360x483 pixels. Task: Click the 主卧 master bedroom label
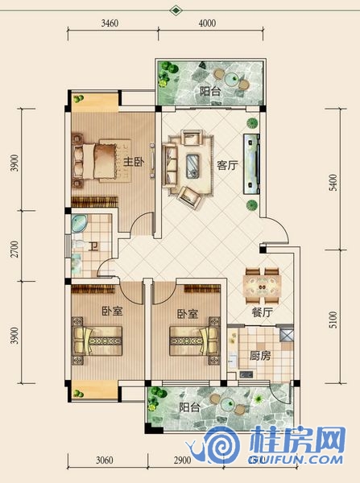click(x=134, y=161)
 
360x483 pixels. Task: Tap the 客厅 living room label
click(x=227, y=165)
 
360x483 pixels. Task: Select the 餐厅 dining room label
click(x=263, y=312)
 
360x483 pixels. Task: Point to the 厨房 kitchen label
click(x=260, y=356)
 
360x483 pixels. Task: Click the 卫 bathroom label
click(x=93, y=246)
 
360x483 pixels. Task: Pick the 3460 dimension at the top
click(x=110, y=23)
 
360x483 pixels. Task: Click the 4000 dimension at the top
click(x=207, y=23)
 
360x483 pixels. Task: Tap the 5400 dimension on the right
click(x=333, y=183)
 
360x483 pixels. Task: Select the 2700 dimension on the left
click(x=14, y=249)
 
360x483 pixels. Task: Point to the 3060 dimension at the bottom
click(x=104, y=460)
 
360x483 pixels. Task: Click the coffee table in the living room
click(x=192, y=166)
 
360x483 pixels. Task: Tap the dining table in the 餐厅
click(x=262, y=286)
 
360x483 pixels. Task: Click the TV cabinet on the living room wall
click(x=251, y=164)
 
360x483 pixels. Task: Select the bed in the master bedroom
click(x=101, y=160)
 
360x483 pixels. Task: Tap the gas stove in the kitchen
click(x=246, y=374)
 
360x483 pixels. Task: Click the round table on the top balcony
click(x=231, y=79)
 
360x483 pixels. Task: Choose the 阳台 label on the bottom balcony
click(x=189, y=407)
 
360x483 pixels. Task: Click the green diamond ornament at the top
click(x=176, y=10)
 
